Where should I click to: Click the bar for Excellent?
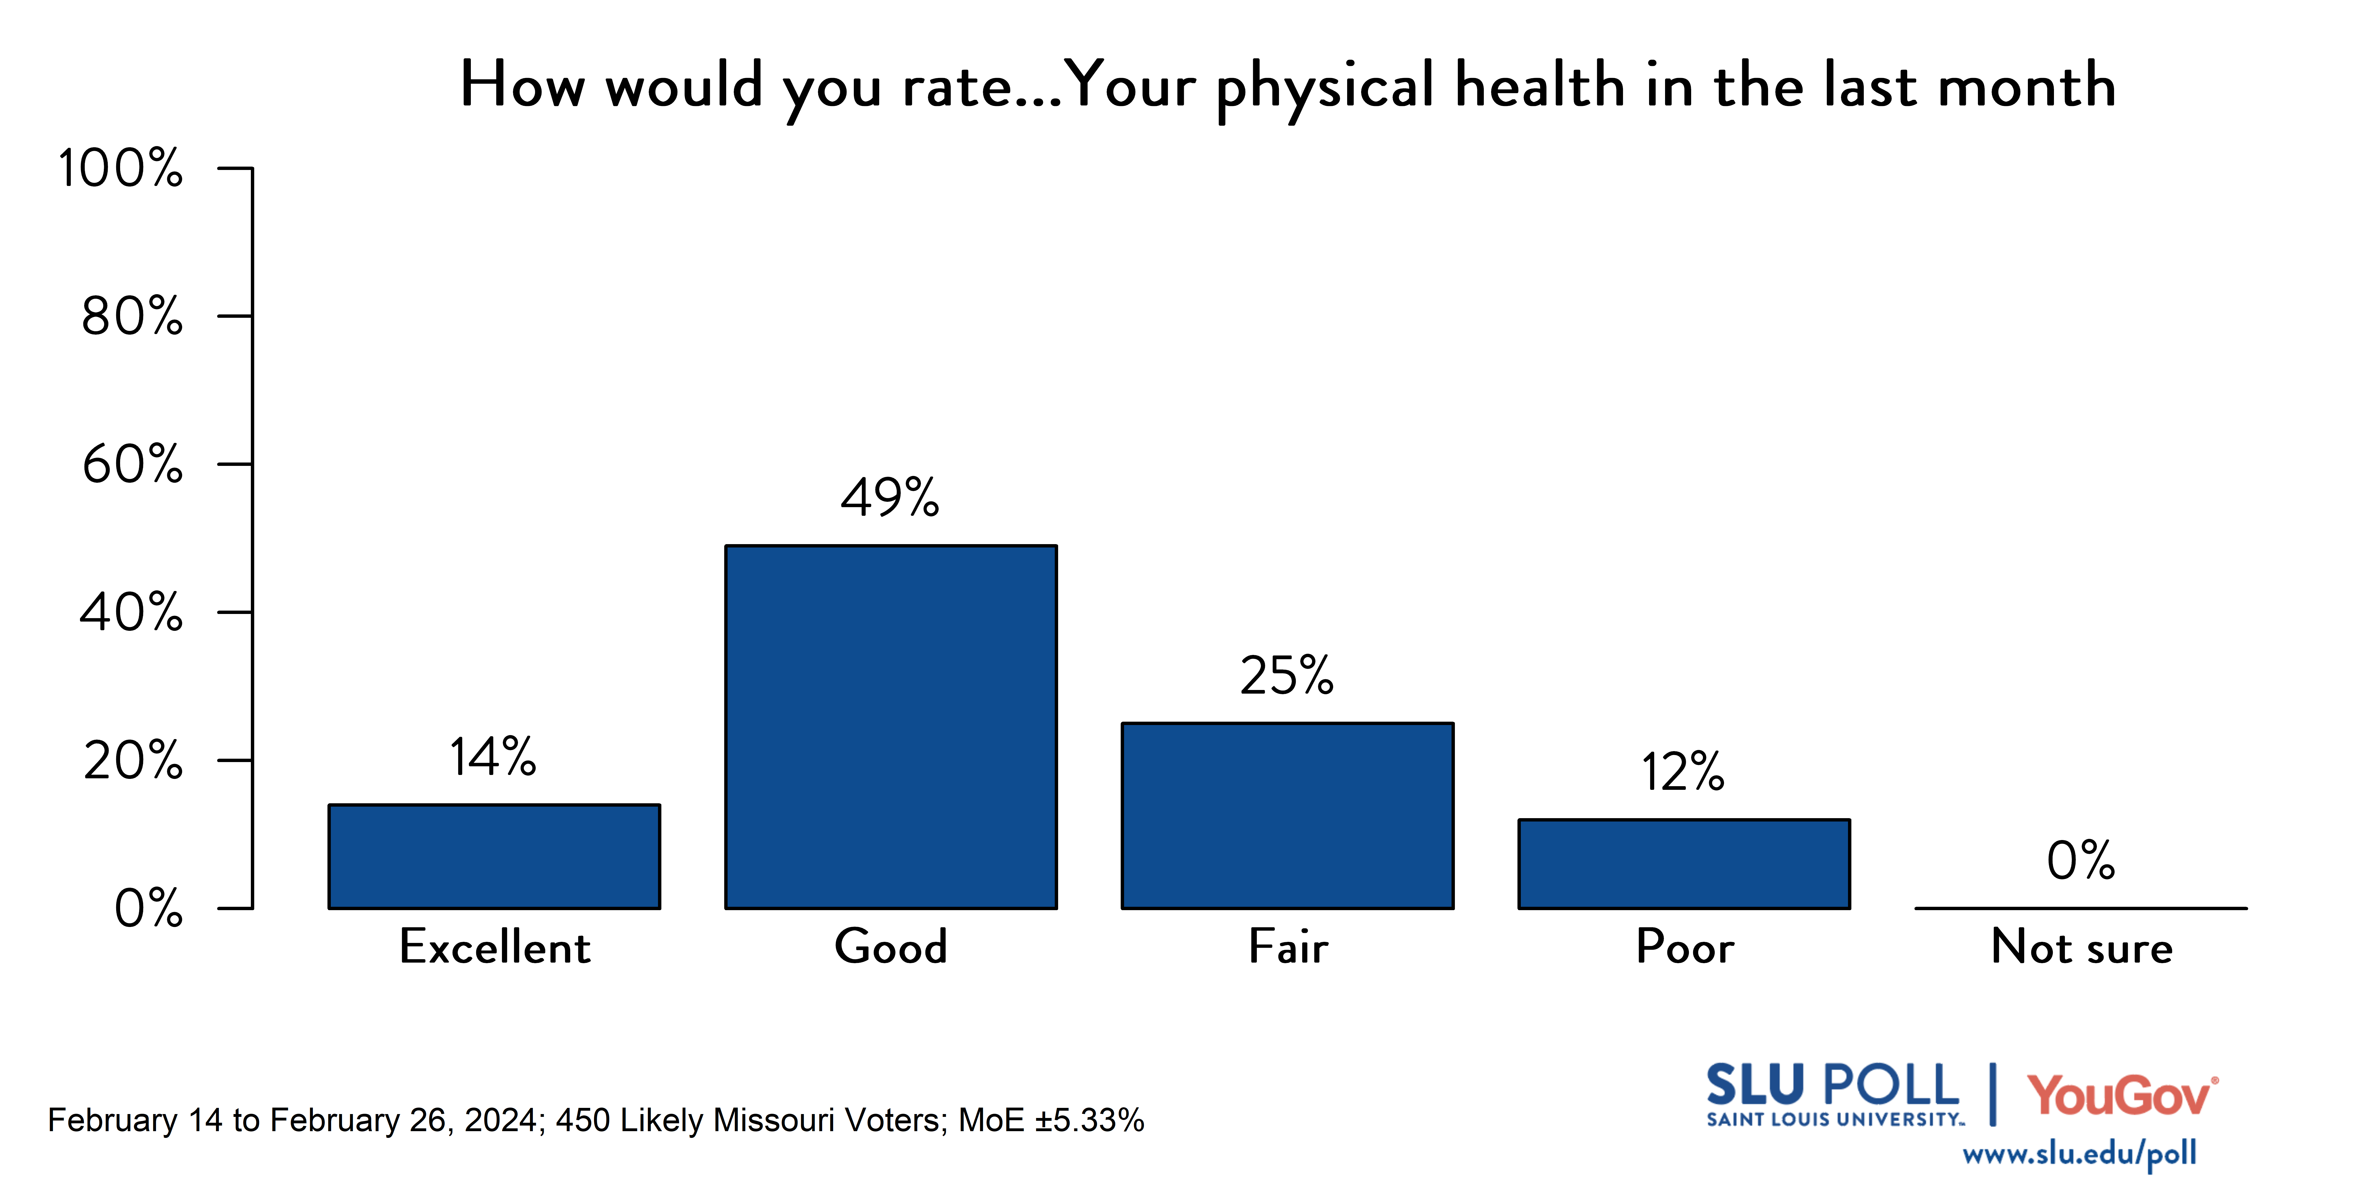pyautogui.click(x=494, y=856)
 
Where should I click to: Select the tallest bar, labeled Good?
pyautogui.click(x=891, y=727)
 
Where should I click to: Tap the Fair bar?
pyautogui.click(x=1287, y=816)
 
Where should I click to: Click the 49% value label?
pyautogui.click(x=890, y=498)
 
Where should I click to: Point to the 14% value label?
pyautogui.click(x=493, y=757)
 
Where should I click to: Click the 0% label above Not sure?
pyautogui.click(x=2081, y=861)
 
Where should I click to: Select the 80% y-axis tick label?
pyautogui.click(x=133, y=316)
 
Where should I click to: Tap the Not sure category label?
pyautogui.click(x=2081, y=947)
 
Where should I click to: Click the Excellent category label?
pyautogui.click(x=495, y=947)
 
